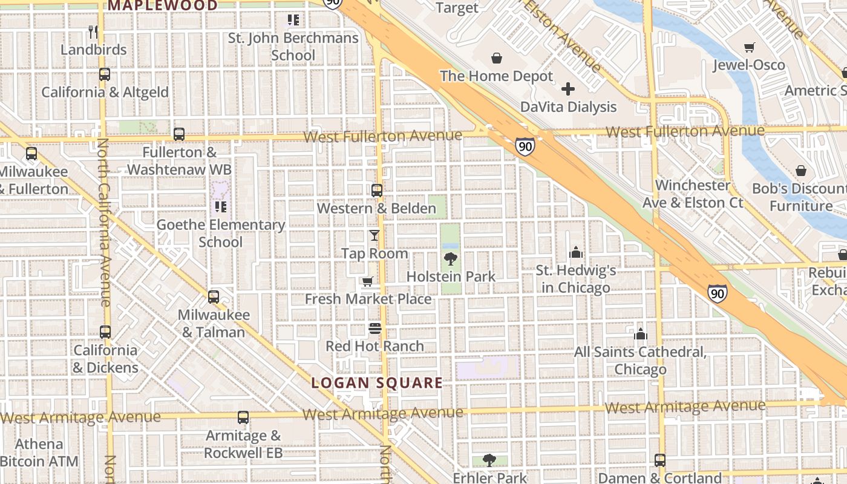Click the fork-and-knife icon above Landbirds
tap(93, 31)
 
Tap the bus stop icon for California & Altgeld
tap(105, 74)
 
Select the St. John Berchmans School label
tap(293, 47)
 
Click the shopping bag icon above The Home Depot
tap(496, 58)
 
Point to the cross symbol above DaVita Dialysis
tap(568, 90)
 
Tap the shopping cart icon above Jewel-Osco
tap(749, 47)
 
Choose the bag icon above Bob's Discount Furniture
tap(801, 171)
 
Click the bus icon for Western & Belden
tap(377, 191)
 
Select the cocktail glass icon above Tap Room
tap(374, 235)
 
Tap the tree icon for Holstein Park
tap(450, 259)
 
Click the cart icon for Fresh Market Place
tap(367, 281)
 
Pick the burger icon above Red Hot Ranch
tap(375, 329)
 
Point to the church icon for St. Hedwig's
tap(576, 252)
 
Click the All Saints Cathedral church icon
tap(641, 334)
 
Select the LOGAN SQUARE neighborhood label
tap(377, 383)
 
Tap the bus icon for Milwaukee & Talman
tap(214, 297)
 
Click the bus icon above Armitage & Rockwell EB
tap(243, 417)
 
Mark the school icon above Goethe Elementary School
tap(220, 207)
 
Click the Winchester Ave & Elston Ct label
tap(693, 194)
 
